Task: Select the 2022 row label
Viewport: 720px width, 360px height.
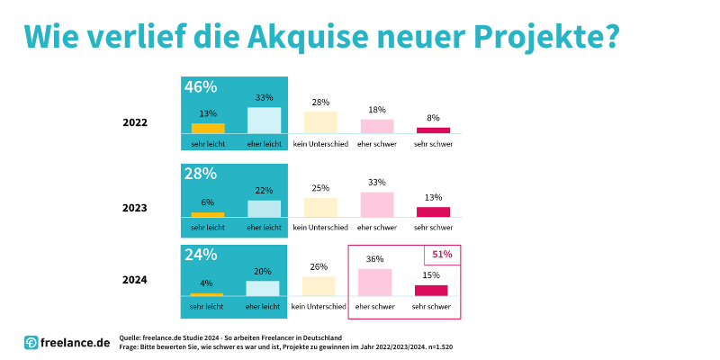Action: click(135, 123)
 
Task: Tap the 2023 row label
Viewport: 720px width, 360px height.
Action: click(135, 207)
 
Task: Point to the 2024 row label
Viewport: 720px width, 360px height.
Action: click(135, 280)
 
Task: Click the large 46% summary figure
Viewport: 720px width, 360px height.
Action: click(201, 87)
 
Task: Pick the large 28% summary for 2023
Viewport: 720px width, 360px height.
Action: click(201, 173)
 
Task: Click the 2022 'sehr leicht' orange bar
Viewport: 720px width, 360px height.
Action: click(208, 128)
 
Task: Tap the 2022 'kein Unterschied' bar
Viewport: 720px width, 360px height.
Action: click(320, 122)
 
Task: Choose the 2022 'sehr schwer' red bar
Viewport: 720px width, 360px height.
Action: click(433, 130)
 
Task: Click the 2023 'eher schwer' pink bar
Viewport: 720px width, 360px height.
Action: click(376, 204)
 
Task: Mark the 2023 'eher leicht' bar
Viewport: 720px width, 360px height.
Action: click(264, 208)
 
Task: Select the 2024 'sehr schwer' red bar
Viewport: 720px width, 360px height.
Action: click(431, 290)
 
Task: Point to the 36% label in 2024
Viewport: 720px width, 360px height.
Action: click(374, 259)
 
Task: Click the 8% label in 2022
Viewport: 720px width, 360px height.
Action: click(433, 118)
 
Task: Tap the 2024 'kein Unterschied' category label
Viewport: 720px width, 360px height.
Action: click(319, 307)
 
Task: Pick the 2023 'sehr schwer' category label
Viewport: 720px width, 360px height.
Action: click(433, 227)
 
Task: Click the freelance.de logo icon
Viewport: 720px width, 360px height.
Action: click(31, 342)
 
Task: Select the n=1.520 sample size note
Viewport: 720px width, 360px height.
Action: click(437, 346)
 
